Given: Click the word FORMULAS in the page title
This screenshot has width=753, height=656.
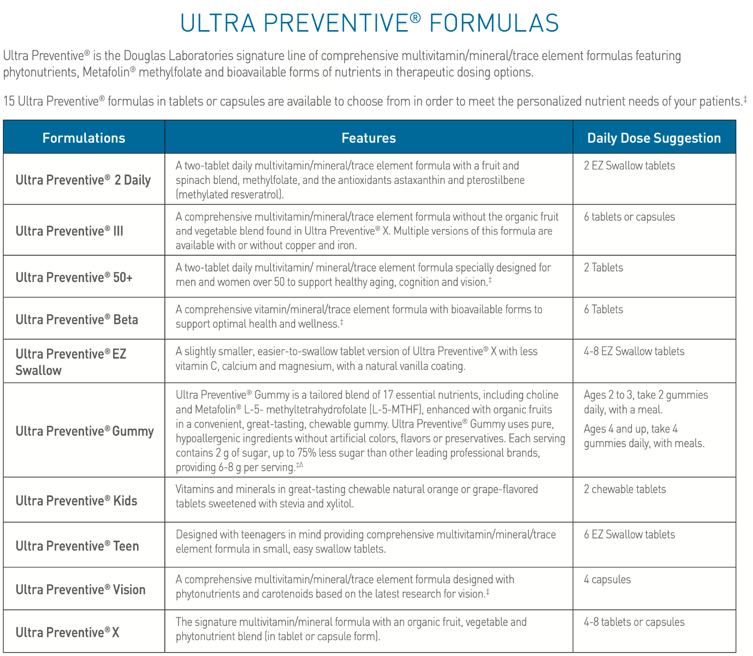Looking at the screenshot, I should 494,23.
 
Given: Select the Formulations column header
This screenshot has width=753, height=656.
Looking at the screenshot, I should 84,138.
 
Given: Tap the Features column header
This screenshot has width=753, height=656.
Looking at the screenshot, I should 369,138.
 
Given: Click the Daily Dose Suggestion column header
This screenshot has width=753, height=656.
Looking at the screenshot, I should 654,138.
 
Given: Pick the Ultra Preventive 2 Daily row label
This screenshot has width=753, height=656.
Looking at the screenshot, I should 83,180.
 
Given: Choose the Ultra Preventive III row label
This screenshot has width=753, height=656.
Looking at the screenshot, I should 69,231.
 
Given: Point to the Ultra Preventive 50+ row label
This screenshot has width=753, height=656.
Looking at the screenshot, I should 74,277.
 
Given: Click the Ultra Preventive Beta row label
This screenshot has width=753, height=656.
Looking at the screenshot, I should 76,319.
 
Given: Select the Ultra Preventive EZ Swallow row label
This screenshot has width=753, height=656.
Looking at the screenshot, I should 70,362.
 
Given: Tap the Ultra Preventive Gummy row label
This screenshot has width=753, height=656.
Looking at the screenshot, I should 85,431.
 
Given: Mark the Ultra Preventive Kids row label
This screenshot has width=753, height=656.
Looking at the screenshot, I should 76,500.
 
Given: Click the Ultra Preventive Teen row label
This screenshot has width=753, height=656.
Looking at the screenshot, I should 77,546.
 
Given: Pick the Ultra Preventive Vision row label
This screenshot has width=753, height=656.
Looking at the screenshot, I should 80,589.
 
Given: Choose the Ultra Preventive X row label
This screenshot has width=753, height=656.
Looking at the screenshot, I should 67,632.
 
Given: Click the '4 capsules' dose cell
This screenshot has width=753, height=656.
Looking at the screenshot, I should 607,579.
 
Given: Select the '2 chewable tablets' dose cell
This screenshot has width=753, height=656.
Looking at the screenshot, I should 625,489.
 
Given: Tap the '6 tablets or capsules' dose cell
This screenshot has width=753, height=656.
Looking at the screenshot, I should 629,217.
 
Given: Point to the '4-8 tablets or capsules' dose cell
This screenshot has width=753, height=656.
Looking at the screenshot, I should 633,622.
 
